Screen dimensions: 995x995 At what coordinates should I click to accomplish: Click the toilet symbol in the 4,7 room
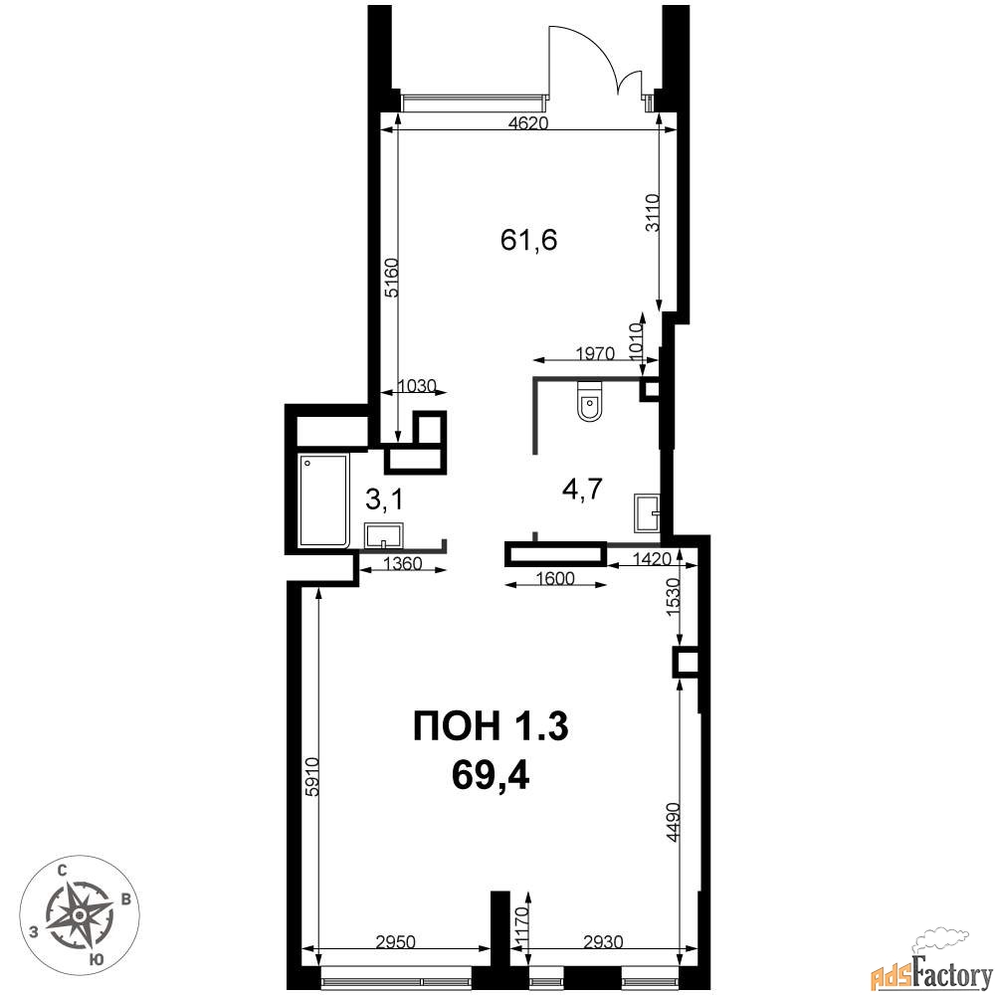click(590, 401)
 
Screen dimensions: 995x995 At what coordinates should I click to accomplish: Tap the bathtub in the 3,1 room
click(324, 500)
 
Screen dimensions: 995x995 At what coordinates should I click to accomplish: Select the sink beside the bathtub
click(384, 535)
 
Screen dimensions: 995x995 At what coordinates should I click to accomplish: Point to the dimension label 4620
click(528, 123)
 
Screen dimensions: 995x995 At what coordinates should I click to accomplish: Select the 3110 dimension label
click(654, 213)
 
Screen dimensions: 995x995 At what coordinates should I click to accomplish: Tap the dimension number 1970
click(595, 353)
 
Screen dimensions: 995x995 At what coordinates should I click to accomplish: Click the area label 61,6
click(528, 240)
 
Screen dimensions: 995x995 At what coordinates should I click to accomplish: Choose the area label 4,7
click(582, 490)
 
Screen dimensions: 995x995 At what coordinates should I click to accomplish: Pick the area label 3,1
click(384, 500)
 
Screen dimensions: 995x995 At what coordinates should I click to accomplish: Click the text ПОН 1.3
click(491, 726)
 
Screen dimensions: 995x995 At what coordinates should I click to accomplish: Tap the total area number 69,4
click(491, 775)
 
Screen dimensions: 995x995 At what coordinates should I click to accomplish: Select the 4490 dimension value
click(674, 823)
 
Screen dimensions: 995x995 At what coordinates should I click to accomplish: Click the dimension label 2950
click(395, 941)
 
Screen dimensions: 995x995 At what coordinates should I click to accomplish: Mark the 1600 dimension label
click(555, 578)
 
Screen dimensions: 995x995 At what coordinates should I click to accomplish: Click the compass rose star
click(80, 915)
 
